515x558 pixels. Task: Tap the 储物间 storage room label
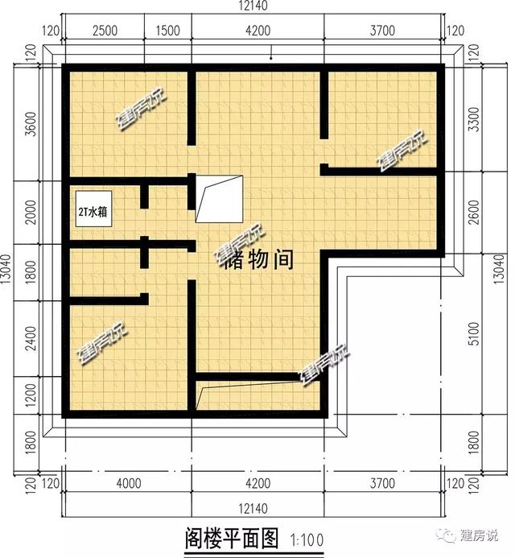(x=253, y=259)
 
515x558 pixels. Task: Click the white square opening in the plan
(x=219, y=199)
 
